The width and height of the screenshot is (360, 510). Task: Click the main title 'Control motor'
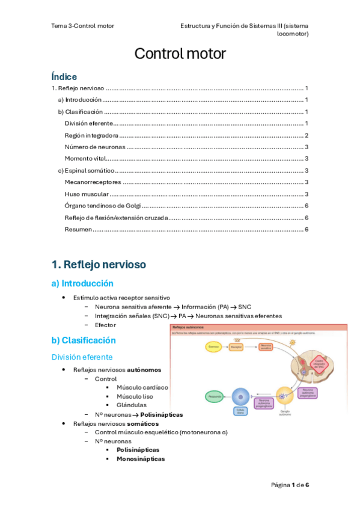[x=180, y=54]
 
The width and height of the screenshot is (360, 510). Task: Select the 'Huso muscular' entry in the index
[x=87, y=194]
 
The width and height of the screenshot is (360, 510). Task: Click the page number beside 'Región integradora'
[x=307, y=135]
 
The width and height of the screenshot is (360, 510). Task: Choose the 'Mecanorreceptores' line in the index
[x=93, y=182]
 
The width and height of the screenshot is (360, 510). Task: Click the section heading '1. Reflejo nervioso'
[x=99, y=264]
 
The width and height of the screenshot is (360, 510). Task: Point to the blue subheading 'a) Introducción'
[x=82, y=283]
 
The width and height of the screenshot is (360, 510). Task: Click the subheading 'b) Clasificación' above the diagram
[x=84, y=340]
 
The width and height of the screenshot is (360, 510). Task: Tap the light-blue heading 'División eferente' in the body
[x=82, y=357]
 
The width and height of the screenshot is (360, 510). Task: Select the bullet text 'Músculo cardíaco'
[x=142, y=387]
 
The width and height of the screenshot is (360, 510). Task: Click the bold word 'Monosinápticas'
[x=141, y=458]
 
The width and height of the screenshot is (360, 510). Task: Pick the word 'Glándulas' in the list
[x=132, y=405]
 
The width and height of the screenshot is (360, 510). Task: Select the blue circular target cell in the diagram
[x=240, y=396]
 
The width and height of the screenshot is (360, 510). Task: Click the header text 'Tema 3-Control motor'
[x=82, y=26]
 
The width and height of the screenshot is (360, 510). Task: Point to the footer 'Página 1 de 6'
[x=290, y=485]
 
